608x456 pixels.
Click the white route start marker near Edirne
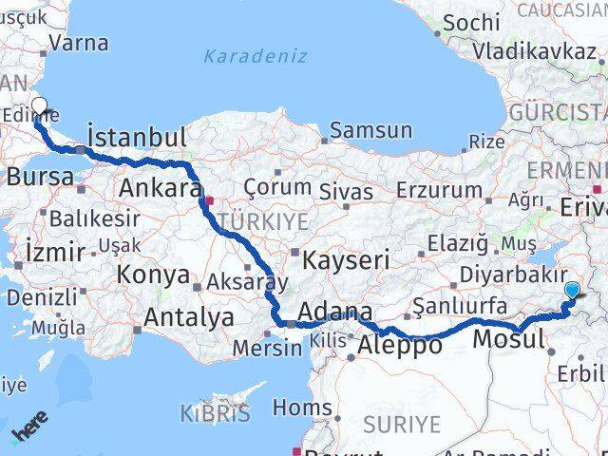[x=39, y=106]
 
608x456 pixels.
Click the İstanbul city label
[x=136, y=136]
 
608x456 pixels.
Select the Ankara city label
[x=160, y=188]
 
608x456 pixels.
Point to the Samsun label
[x=370, y=132]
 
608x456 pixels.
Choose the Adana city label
[x=335, y=312]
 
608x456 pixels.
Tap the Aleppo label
[x=399, y=346]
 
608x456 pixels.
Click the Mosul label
[x=508, y=339]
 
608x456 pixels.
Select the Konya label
[x=152, y=275]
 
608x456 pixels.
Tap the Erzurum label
[x=439, y=190]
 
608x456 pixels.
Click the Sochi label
[x=471, y=22]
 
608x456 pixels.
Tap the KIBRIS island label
[x=215, y=414]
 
